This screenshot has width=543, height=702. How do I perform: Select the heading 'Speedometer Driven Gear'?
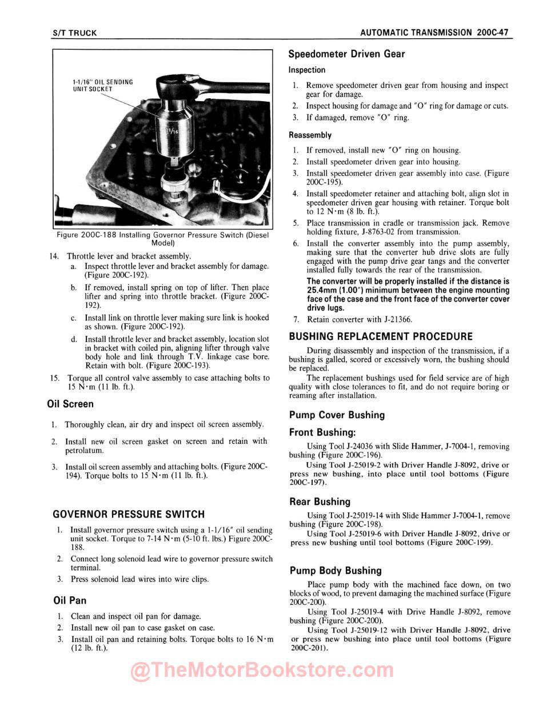[346, 54]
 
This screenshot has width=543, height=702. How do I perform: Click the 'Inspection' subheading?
[307, 70]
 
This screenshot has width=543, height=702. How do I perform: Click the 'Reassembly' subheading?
[310, 135]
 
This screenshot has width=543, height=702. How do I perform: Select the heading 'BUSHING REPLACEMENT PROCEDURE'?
[381, 336]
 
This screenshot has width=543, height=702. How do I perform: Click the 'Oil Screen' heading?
[70, 404]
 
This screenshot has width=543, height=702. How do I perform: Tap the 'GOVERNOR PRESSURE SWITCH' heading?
[128, 514]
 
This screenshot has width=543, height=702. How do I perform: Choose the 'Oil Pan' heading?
[69, 600]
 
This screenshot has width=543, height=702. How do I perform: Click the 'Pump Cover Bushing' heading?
[337, 415]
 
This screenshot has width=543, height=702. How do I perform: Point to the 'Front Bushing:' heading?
[322, 433]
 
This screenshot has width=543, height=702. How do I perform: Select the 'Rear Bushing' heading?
[320, 502]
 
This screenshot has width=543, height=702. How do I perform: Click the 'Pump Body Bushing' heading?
[335, 571]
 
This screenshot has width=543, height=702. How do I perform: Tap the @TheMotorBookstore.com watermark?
[262, 671]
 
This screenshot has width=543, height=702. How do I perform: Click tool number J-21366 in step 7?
[394, 320]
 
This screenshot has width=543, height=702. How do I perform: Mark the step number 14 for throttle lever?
[55, 256]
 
